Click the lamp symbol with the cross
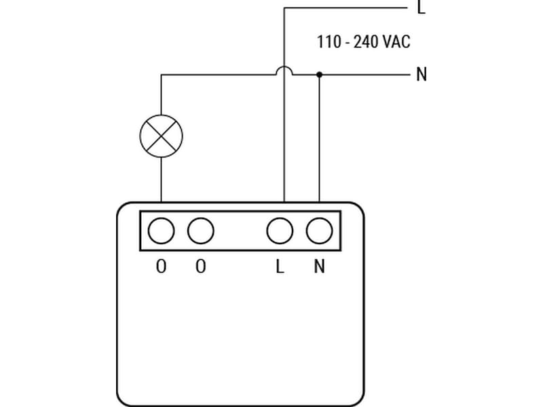click(161, 136)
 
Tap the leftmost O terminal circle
click(161, 231)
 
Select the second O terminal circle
click(200, 231)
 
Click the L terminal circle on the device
click(280, 231)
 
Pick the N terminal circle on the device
click(319, 231)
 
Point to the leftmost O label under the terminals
click(161, 267)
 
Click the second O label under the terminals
click(200, 267)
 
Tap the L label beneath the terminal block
click(280, 267)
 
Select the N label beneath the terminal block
click(319, 267)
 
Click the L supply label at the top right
click(422, 8)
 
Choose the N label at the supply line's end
click(422, 74)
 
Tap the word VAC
click(396, 41)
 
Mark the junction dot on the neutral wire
click(319, 74)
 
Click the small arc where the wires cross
click(284, 70)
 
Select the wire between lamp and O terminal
click(161, 180)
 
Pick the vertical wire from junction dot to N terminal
click(319, 136)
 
